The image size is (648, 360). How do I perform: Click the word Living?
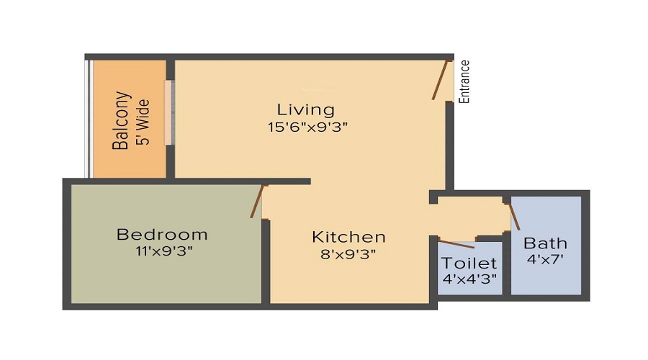[x=306, y=109]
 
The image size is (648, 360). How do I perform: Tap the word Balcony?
[x=121, y=120]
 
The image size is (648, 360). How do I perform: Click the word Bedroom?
[x=162, y=235]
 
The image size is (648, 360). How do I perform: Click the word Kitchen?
[x=348, y=237]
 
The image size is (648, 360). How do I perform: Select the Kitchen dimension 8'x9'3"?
[x=348, y=253]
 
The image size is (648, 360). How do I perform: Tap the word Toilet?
[x=469, y=263]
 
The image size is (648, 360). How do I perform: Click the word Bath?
[x=545, y=243]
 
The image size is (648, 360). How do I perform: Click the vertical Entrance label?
[x=465, y=81]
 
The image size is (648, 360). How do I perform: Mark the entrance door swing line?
[x=441, y=80]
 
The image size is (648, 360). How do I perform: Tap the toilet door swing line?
[x=456, y=243]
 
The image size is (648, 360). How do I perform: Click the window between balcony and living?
[x=170, y=112]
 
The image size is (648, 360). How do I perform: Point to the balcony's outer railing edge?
[x=89, y=119]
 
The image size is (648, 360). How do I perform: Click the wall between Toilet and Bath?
[x=506, y=266]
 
